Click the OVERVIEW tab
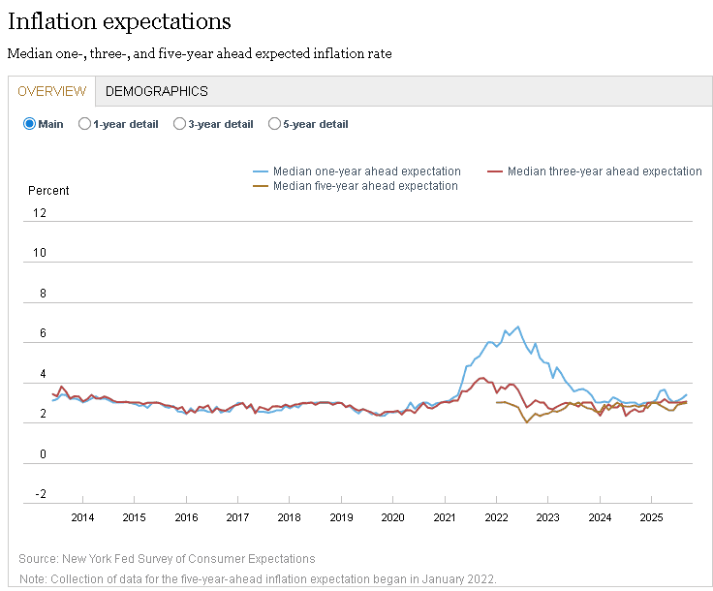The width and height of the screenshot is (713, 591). (52, 91)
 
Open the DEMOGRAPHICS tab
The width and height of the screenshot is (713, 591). (156, 91)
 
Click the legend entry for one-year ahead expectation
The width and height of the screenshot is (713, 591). (366, 171)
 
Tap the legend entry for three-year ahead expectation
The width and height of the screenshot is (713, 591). (604, 171)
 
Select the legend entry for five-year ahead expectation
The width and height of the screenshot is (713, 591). (365, 186)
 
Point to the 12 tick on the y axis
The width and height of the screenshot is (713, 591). (40, 213)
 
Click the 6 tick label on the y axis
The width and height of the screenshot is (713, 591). (43, 333)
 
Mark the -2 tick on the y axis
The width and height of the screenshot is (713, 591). (40, 494)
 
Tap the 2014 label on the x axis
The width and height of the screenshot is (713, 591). (82, 517)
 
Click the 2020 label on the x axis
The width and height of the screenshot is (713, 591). (392, 517)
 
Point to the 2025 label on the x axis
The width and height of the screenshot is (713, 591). (651, 517)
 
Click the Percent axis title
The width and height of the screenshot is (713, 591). (48, 191)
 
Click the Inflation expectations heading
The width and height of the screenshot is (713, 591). (119, 20)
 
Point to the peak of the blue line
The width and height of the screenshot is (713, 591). (517, 327)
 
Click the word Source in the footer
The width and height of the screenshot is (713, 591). (36, 559)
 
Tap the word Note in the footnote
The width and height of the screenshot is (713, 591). (32, 579)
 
